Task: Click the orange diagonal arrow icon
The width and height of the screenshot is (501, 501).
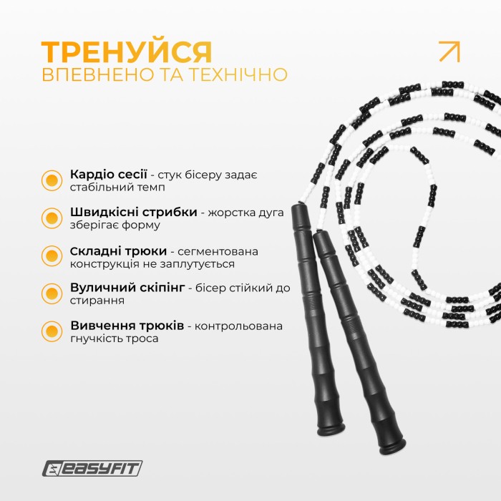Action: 449,52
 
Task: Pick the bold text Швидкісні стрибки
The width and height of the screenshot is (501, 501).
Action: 133,213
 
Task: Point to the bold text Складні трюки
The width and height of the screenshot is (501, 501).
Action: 117,251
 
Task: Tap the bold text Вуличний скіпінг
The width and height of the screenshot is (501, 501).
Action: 128,288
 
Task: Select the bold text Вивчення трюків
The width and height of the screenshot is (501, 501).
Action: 127,326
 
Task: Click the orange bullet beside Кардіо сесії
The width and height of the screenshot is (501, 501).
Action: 52,180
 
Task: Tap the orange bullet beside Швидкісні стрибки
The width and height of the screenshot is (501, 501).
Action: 52,218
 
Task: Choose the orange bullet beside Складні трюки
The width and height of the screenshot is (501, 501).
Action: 52,256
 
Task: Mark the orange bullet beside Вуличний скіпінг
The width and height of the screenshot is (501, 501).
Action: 52,293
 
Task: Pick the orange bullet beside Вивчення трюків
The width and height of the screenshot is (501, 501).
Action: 52,331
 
